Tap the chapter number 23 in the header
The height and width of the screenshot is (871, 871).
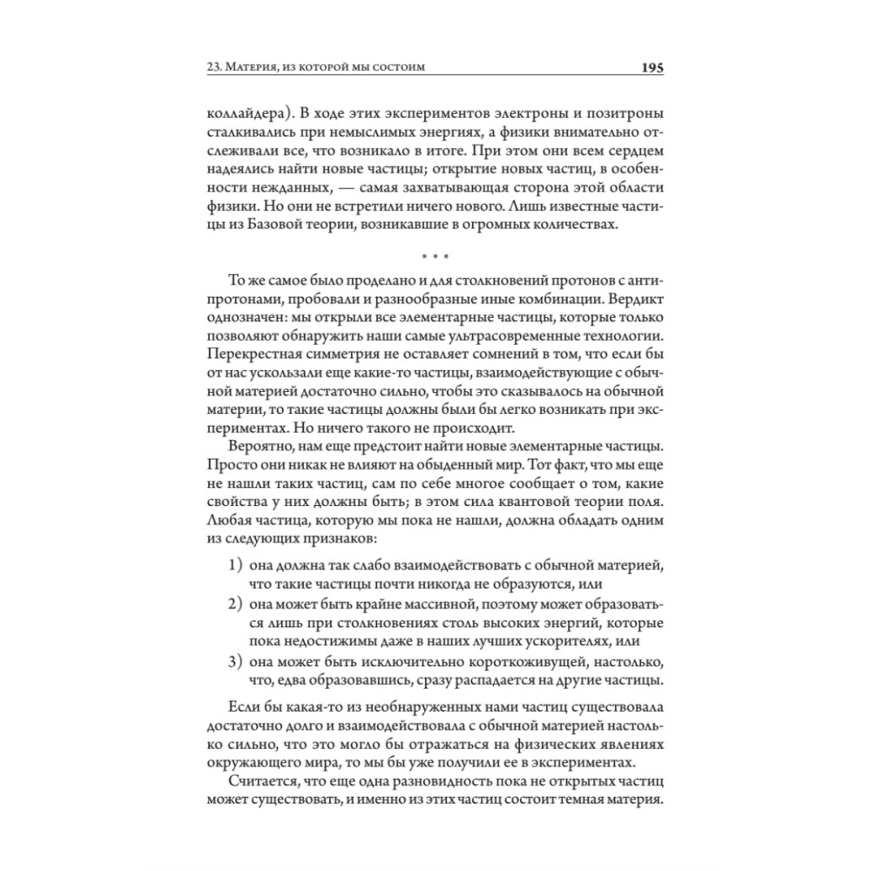(x=213, y=68)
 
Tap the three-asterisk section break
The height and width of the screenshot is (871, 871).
(x=435, y=258)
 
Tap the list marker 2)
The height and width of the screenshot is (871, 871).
(x=235, y=604)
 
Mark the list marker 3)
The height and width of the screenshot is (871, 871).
(x=235, y=661)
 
